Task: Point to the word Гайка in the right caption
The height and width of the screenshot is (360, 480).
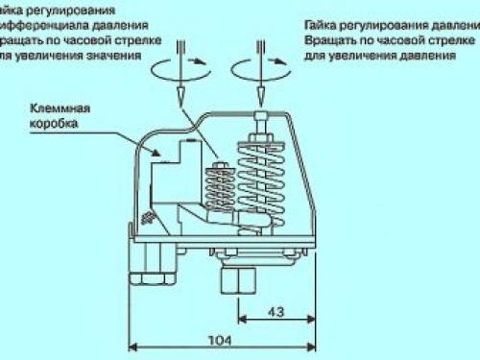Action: tap(323, 19)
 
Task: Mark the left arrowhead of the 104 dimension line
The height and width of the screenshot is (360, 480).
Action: tap(133, 347)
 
